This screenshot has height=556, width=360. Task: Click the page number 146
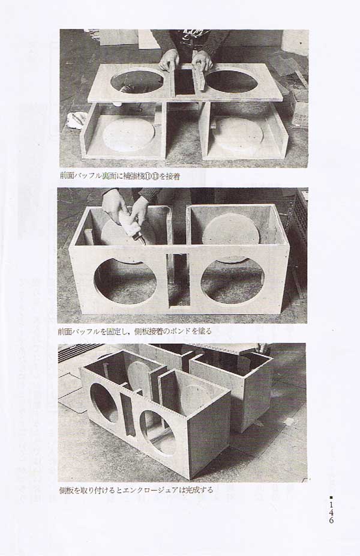(x=331, y=512)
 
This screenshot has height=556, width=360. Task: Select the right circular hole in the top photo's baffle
(x=232, y=82)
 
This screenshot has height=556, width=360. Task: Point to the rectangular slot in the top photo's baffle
(x=184, y=82)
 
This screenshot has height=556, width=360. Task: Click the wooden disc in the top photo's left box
(x=128, y=134)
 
